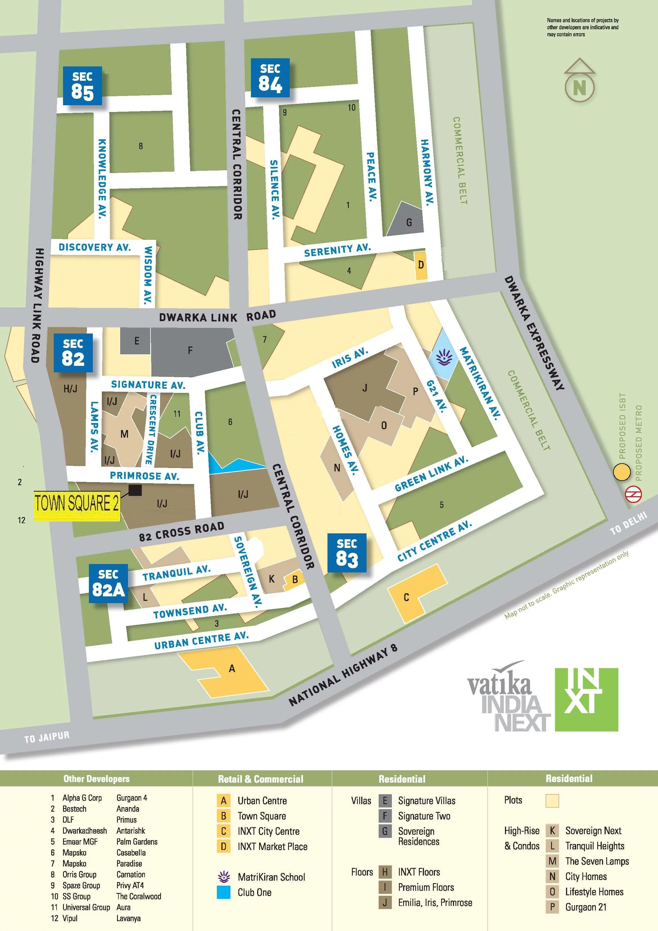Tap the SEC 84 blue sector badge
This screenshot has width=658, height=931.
(x=270, y=78)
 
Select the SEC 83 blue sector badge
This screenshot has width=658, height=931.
(x=347, y=553)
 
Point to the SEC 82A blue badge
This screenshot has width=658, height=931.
(x=108, y=583)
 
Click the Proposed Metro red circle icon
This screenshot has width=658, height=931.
(x=633, y=494)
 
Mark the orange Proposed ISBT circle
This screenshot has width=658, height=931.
(x=621, y=472)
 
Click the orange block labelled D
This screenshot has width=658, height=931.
(x=421, y=265)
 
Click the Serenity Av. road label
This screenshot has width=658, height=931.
(x=337, y=250)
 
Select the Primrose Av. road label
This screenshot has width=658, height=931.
(x=144, y=476)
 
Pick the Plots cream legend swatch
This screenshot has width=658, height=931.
(x=552, y=800)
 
